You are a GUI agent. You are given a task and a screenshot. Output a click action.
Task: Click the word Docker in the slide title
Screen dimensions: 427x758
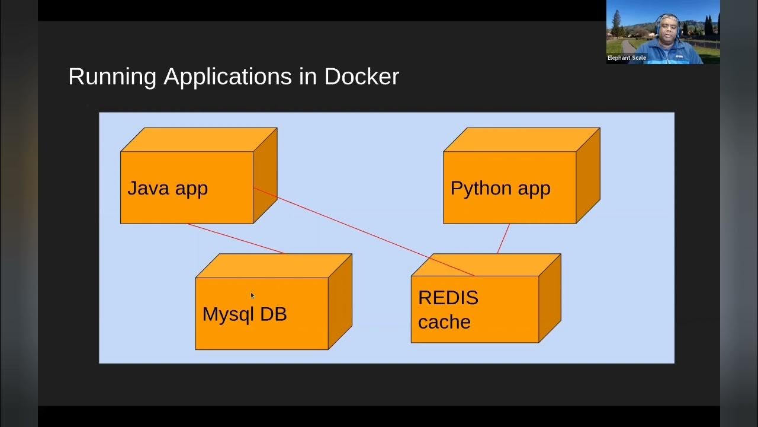pyautogui.click(x=361, y=77)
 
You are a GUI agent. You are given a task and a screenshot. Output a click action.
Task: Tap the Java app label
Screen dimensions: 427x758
pyautogui.click(x=168, y=188)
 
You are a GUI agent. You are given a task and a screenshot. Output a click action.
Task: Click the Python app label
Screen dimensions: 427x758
pyautogui.click(x=500, y=188)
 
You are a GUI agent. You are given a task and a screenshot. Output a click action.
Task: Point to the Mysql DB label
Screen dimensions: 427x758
pyautogui.click(x=245, y=314)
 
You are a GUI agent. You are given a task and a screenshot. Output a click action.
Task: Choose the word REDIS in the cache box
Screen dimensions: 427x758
pyautogui.click(x=448, y=297)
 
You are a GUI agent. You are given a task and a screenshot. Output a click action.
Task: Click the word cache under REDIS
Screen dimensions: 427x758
pyautogui.click(x=444, y=322)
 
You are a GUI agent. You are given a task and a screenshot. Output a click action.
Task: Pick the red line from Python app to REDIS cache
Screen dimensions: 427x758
pyautogui.click(x=503, y=238)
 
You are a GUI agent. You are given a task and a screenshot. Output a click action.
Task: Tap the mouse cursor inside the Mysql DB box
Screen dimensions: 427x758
pyautogui.click(x=252, y=295)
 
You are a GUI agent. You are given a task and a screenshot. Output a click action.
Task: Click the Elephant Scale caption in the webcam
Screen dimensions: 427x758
pyautogui.click(x=627, y=58)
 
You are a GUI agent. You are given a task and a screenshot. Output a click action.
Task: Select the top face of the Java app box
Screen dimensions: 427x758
pyautogui.click(x=198, y=140)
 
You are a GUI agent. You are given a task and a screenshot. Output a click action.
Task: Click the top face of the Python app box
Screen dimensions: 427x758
pyautogui.click(x=521, y=140)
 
